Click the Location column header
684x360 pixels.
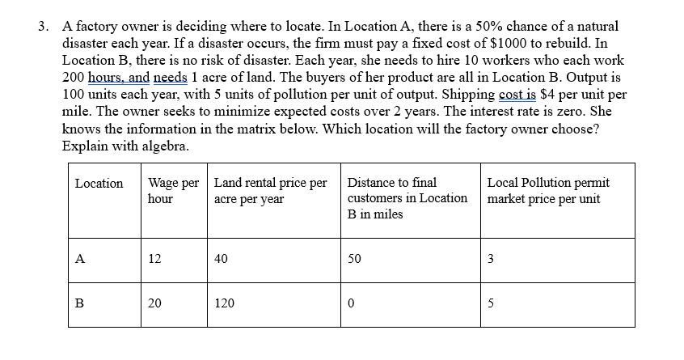99,184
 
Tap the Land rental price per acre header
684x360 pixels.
270,191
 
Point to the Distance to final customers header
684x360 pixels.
407,198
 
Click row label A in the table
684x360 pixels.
79,260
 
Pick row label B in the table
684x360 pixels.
79,303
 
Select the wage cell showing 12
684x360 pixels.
154,260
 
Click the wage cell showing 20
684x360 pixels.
154,303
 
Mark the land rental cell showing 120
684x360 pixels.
224,303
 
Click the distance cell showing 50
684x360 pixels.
354,260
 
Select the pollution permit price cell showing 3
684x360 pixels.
492,260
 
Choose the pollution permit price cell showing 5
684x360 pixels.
492,303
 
